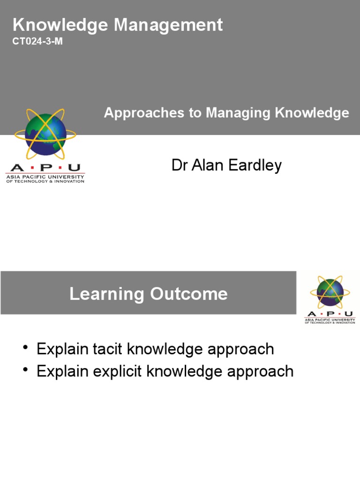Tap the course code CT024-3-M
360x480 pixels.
pos(37,42)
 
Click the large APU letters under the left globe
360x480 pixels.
pos(45,167)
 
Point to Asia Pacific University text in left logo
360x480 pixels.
pos(45,177)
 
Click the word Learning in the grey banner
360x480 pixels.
pos(107,294)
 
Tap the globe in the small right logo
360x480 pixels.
pos(330,292)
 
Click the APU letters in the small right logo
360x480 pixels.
pos(330,314)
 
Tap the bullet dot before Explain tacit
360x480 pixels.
pos(25,348)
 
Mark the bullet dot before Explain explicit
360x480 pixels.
pos(25,371)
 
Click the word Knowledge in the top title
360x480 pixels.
pos(59,25)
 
